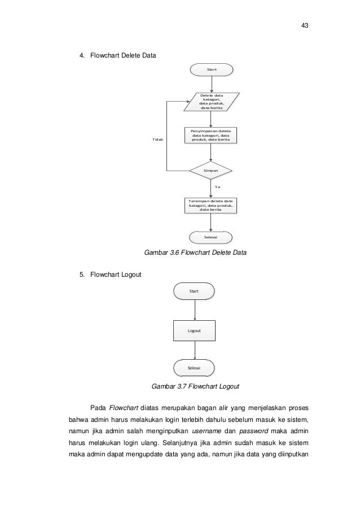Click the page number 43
[x=305, y=26]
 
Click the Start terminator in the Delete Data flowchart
[x=211, y=69]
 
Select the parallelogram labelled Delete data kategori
[x=211, y=102]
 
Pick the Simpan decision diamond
[x=211, y=169]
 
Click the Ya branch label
[x=218, y=186]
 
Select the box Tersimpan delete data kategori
[x=210, y=206]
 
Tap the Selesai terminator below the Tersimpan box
[x=211, y=238]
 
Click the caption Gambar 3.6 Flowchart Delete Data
[x=195, y=253]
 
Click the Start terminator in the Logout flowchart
[x=195, y=291]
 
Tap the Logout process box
[x=194, y=330]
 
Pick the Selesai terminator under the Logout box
[x=195, y=368]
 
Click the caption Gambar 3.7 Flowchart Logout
[x=195, y=387]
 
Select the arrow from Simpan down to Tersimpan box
[x=211, y=187]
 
